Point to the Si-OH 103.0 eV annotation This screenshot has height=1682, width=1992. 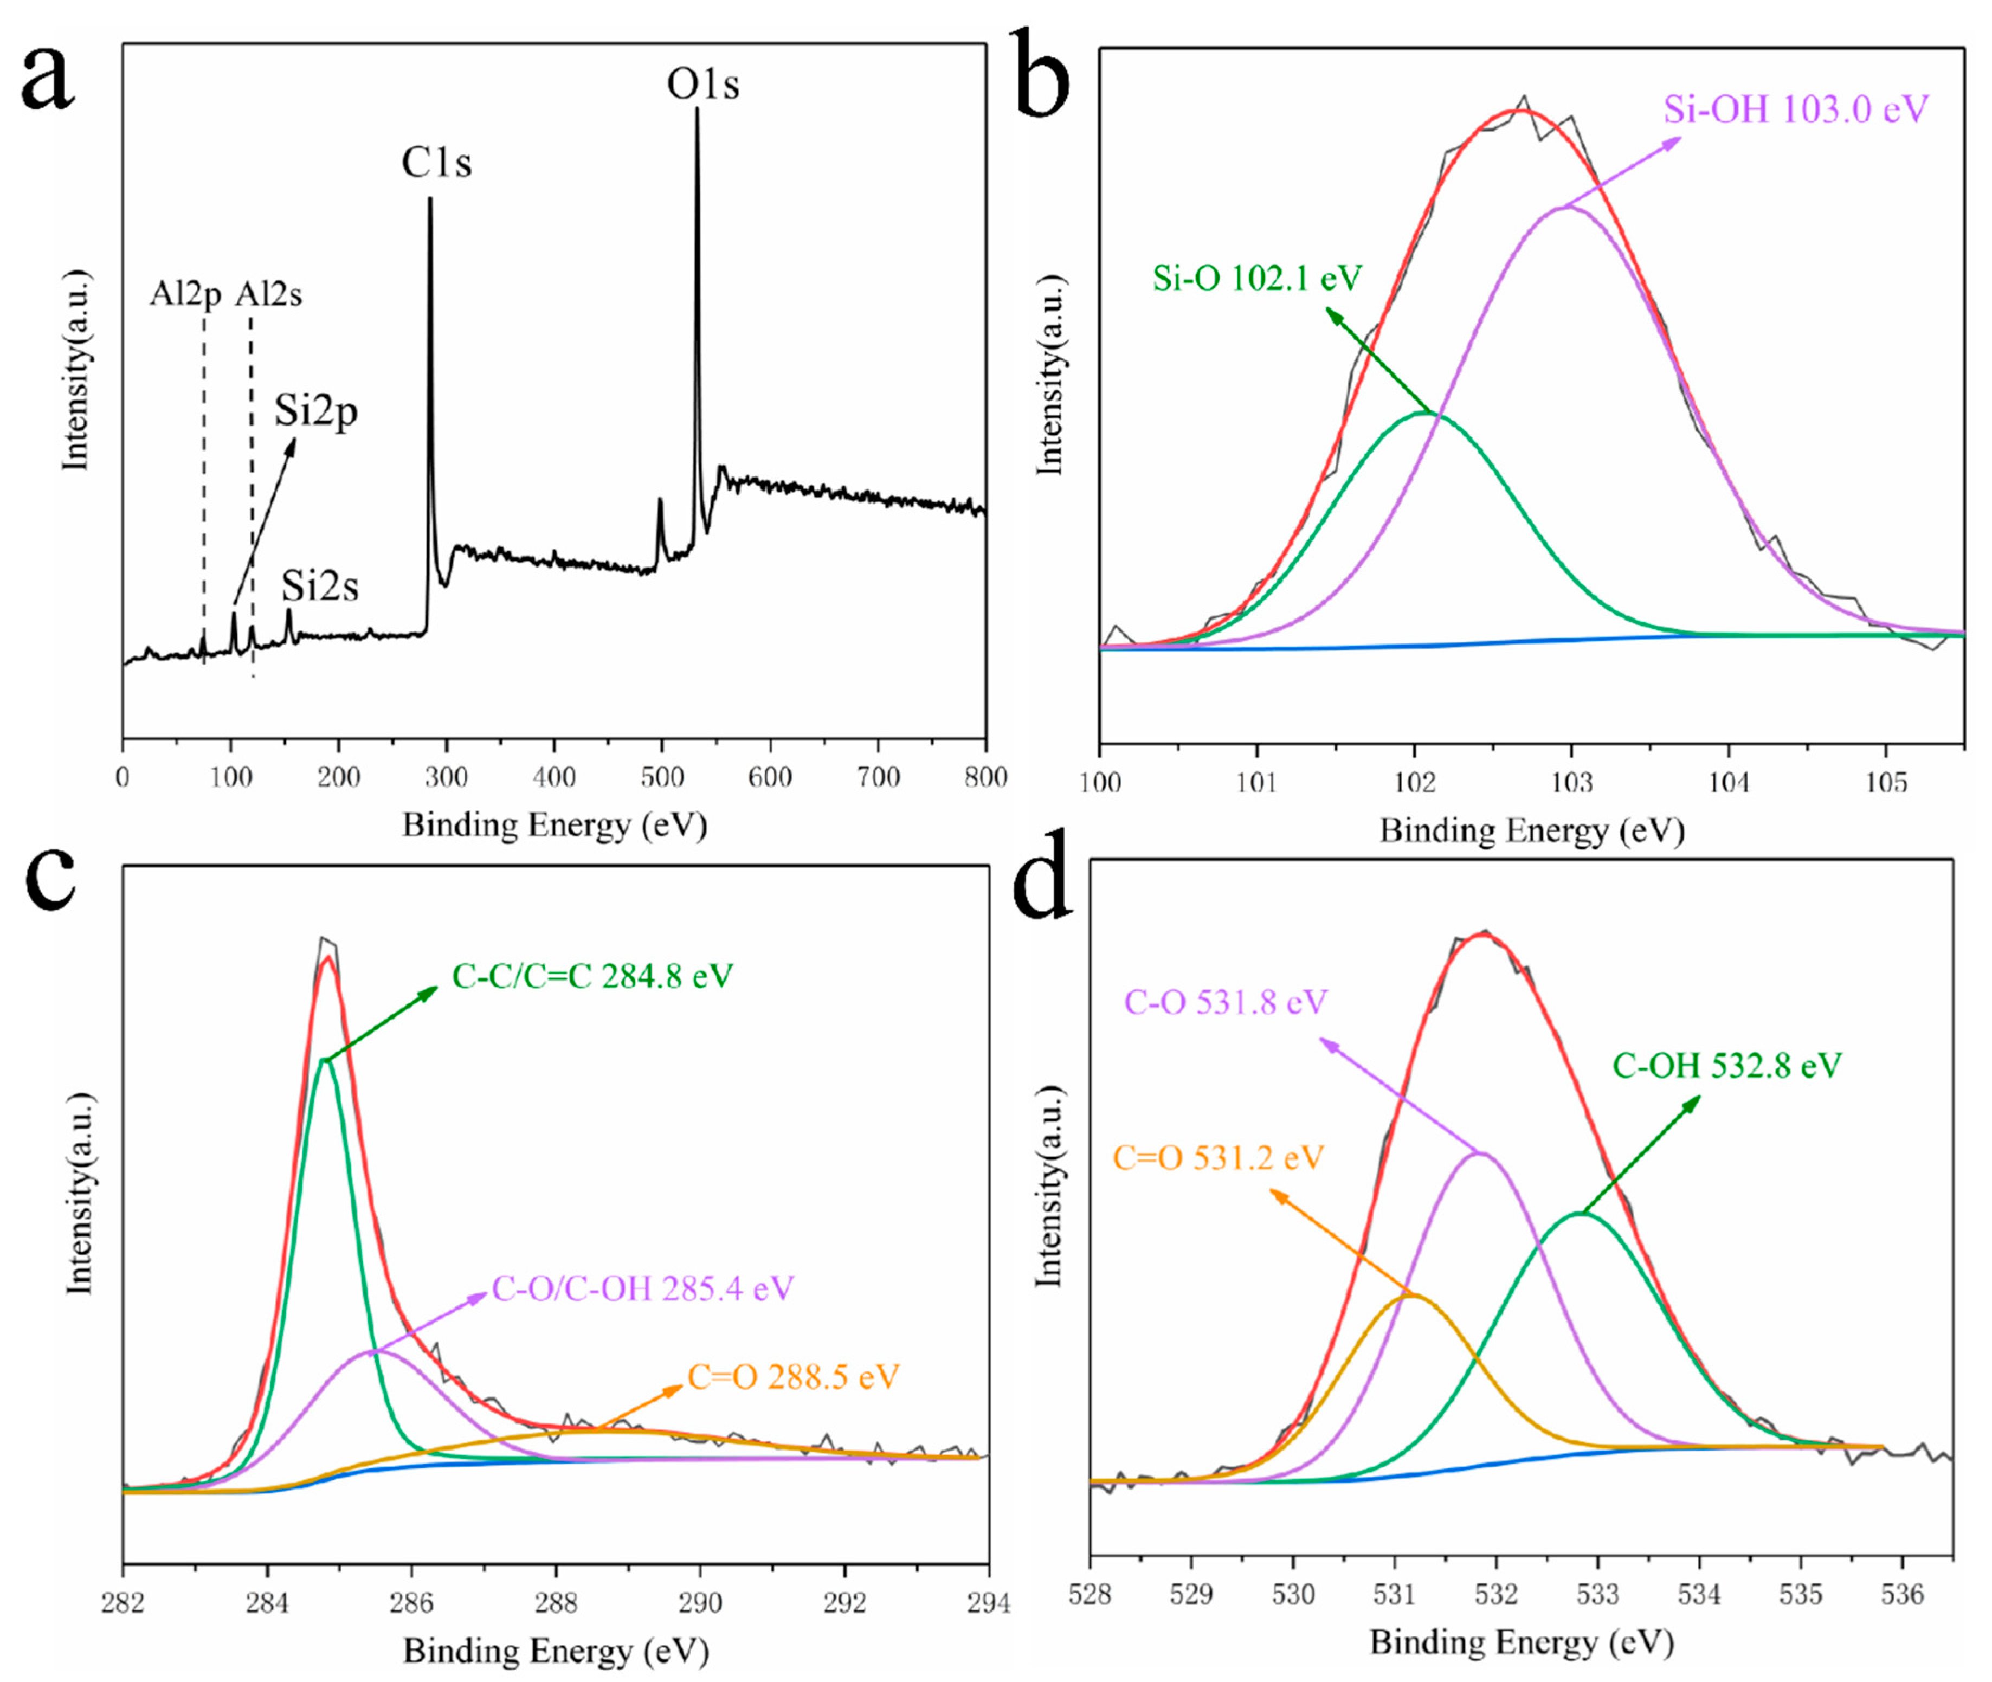click(x=1796, y=109)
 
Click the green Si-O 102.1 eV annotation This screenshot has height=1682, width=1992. click(x=1257, y=278)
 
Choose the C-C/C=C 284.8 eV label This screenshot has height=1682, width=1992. click(x=592, y=976)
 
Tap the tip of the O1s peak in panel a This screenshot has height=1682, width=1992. click(x=697, y=109)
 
